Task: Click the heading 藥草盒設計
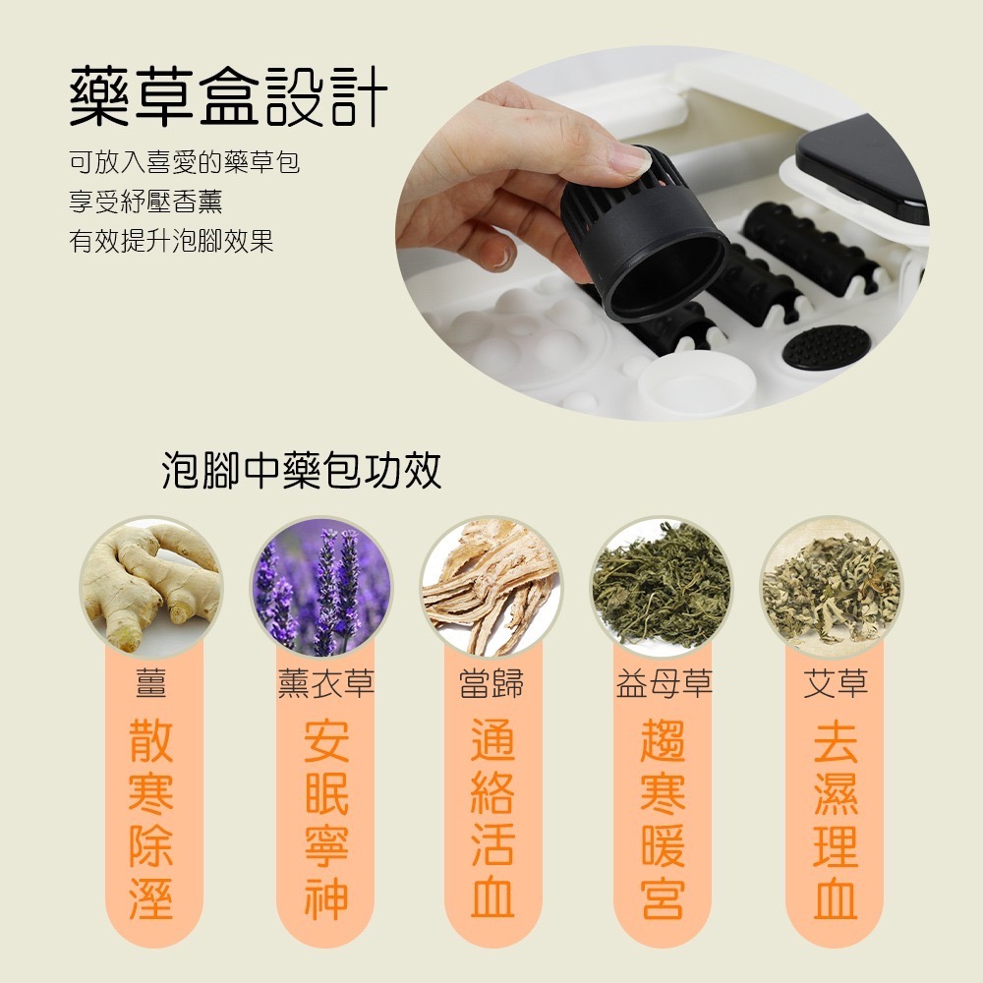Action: pyautogui.click(x=228, y=97)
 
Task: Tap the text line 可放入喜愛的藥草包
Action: pyautogui.click(x=184, y=161)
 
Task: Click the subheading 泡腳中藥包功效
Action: pyautogui.click(x=302, y=472)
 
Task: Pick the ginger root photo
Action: pyautogui.click(x=150, y=587)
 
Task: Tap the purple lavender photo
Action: pyautogui.click(x=320, y=587)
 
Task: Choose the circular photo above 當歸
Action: pyautogui.click(x=491, y=587)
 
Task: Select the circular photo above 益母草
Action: pyautogui.click(x=662, y=587)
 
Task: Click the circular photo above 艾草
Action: pyautogui.click(x=832, y=587)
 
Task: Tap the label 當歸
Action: pyautogui.click(x=491, y=683)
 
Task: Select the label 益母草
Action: pyautogui.click(x=664, y=683)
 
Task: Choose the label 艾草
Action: pyautogui.click(x=836, y=683)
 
